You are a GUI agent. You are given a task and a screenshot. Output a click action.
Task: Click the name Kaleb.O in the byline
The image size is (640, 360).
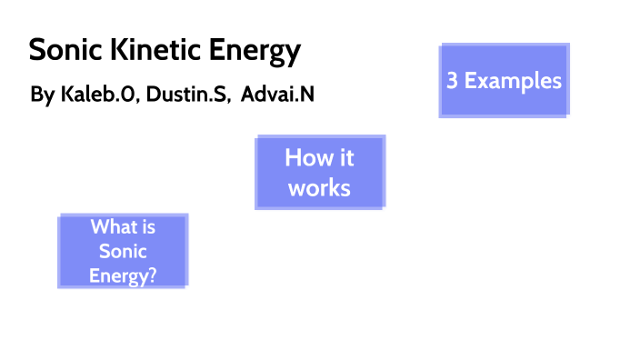[97, 95]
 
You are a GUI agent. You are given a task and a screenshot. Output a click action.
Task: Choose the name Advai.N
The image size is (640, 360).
[278, 95]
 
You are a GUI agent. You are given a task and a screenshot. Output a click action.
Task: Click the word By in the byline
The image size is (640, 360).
[42, 95]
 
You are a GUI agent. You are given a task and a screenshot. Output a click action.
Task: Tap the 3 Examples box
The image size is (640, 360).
[504, 80]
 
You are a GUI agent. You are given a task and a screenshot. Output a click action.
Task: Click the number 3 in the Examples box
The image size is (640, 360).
[452, 80]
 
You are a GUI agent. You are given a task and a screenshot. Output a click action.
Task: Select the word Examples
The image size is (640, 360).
[514, 80]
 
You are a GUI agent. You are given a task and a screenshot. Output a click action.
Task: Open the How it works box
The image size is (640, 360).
[319, 173]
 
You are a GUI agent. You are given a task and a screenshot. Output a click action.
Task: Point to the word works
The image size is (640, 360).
[319, 188]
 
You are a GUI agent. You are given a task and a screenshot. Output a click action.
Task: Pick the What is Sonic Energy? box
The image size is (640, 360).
[123, 251]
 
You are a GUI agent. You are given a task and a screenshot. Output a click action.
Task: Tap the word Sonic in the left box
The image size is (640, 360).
[123, 251]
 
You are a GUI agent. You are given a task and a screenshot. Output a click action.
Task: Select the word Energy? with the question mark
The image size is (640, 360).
[123, 275]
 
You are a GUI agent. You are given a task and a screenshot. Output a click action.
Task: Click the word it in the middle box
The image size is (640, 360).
[345, 157]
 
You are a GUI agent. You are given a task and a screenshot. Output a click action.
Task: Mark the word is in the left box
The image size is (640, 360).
[148, 228]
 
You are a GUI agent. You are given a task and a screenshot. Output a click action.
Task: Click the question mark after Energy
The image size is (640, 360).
[152, 275]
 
